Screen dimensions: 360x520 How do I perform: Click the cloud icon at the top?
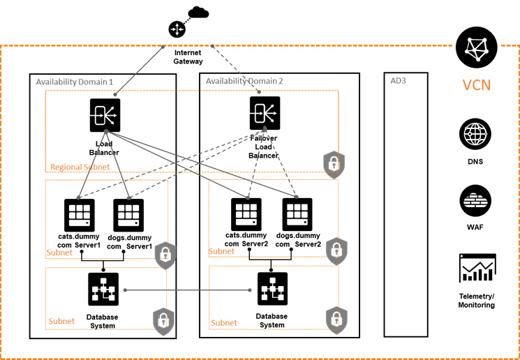pyautogui.click(x=198, y=11)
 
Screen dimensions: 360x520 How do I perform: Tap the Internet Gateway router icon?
pyautogui.click(x=177, y=29)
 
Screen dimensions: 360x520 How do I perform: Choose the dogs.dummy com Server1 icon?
pyautogui.click(x=128, y=215)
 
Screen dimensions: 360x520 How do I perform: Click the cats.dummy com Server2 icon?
pyautogui.click(x=246, y=215)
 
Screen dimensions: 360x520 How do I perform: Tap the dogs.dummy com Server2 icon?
pyautogui.click(x=297, y=215)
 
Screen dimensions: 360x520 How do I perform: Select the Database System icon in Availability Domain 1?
pyautogui.click(x=105, y=290)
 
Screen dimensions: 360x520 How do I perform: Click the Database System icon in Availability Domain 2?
pyautogui.click(x=272, y=290)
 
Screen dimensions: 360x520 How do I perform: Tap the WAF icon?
pyautogui.click(x=477, y=202)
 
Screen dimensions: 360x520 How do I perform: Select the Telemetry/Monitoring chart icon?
pyautogui.click(x=477, y=269)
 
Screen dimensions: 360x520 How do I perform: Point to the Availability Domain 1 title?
pyautogui.click(x=73, y=82)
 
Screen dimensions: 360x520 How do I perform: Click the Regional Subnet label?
pyautogui.click(x=80, y=167)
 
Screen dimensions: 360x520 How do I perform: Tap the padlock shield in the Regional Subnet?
pyautogui.click(x=334, y=163)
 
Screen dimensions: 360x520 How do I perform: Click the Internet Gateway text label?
pyautogui.click(x=188, y=57)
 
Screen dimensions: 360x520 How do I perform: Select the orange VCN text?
pyautogui.click(x=477, y=86)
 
